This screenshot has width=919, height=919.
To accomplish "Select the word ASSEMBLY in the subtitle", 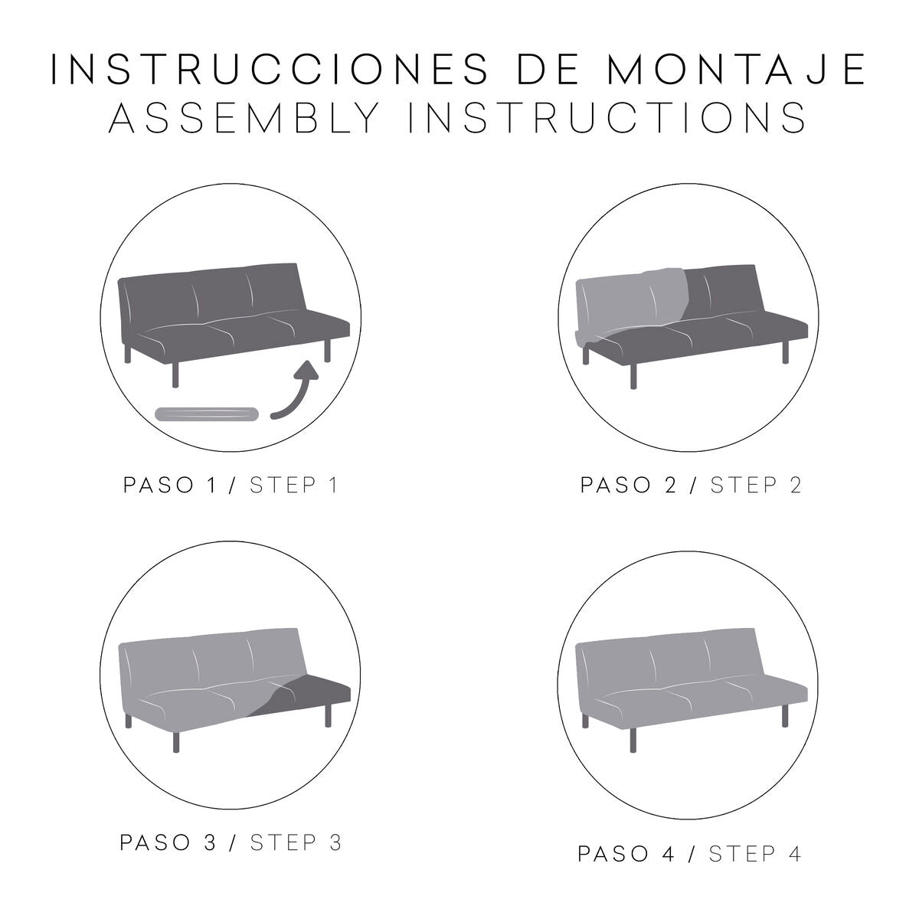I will pyautogui.click(x=245, y=118).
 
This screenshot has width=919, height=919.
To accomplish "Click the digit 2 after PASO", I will pyautogui.click(x=670, y=486).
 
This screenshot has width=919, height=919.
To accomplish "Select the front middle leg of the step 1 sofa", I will pyautogui.click(x=175, y=373).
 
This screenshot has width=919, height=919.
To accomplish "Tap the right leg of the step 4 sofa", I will pyautogui.click(x=785, y=715).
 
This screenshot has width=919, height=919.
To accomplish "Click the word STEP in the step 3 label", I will pyautogui.click(x=283, y=842).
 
